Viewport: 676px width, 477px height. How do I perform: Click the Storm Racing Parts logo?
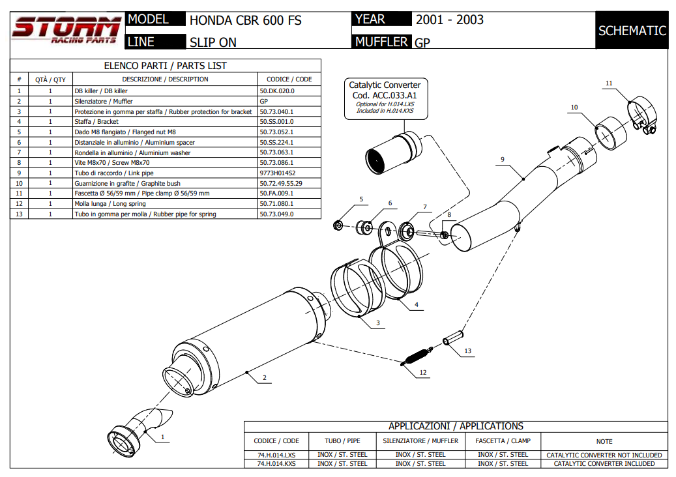click(x=66, y=31)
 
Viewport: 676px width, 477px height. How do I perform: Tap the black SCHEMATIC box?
click(x=631, y=31)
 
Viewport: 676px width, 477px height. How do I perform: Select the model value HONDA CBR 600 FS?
click(x=245, y=20)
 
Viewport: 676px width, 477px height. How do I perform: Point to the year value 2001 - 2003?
click(x=449, y=20)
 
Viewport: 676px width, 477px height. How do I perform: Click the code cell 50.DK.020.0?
click(x=277, y=91)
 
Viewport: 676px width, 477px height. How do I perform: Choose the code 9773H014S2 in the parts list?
click(x=278, y=173)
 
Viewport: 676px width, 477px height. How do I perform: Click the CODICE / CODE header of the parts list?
click(x=289, y=79)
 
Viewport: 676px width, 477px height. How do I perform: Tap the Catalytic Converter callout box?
click(x=385, y=98)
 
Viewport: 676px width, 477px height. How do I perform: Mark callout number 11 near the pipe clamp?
click(x=609, y=83)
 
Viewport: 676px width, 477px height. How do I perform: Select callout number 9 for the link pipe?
click(x=503, y=159)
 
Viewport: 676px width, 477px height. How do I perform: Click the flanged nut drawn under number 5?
click(x=338, y=225)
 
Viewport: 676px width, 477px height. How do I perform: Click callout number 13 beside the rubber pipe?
click(x=467, y=351)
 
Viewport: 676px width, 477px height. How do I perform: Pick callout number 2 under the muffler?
click(x=264, y=377)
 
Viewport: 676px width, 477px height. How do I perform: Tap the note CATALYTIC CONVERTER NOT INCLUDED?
click(x=604, y=455)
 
